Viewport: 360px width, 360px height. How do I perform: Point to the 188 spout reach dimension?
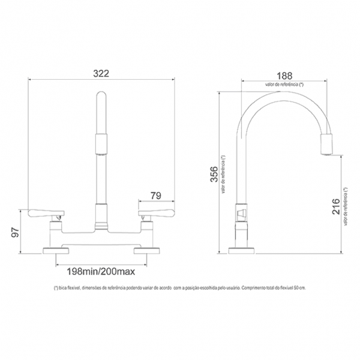tap(284, 76)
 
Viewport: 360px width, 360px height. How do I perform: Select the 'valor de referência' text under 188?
tap(284, 85)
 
